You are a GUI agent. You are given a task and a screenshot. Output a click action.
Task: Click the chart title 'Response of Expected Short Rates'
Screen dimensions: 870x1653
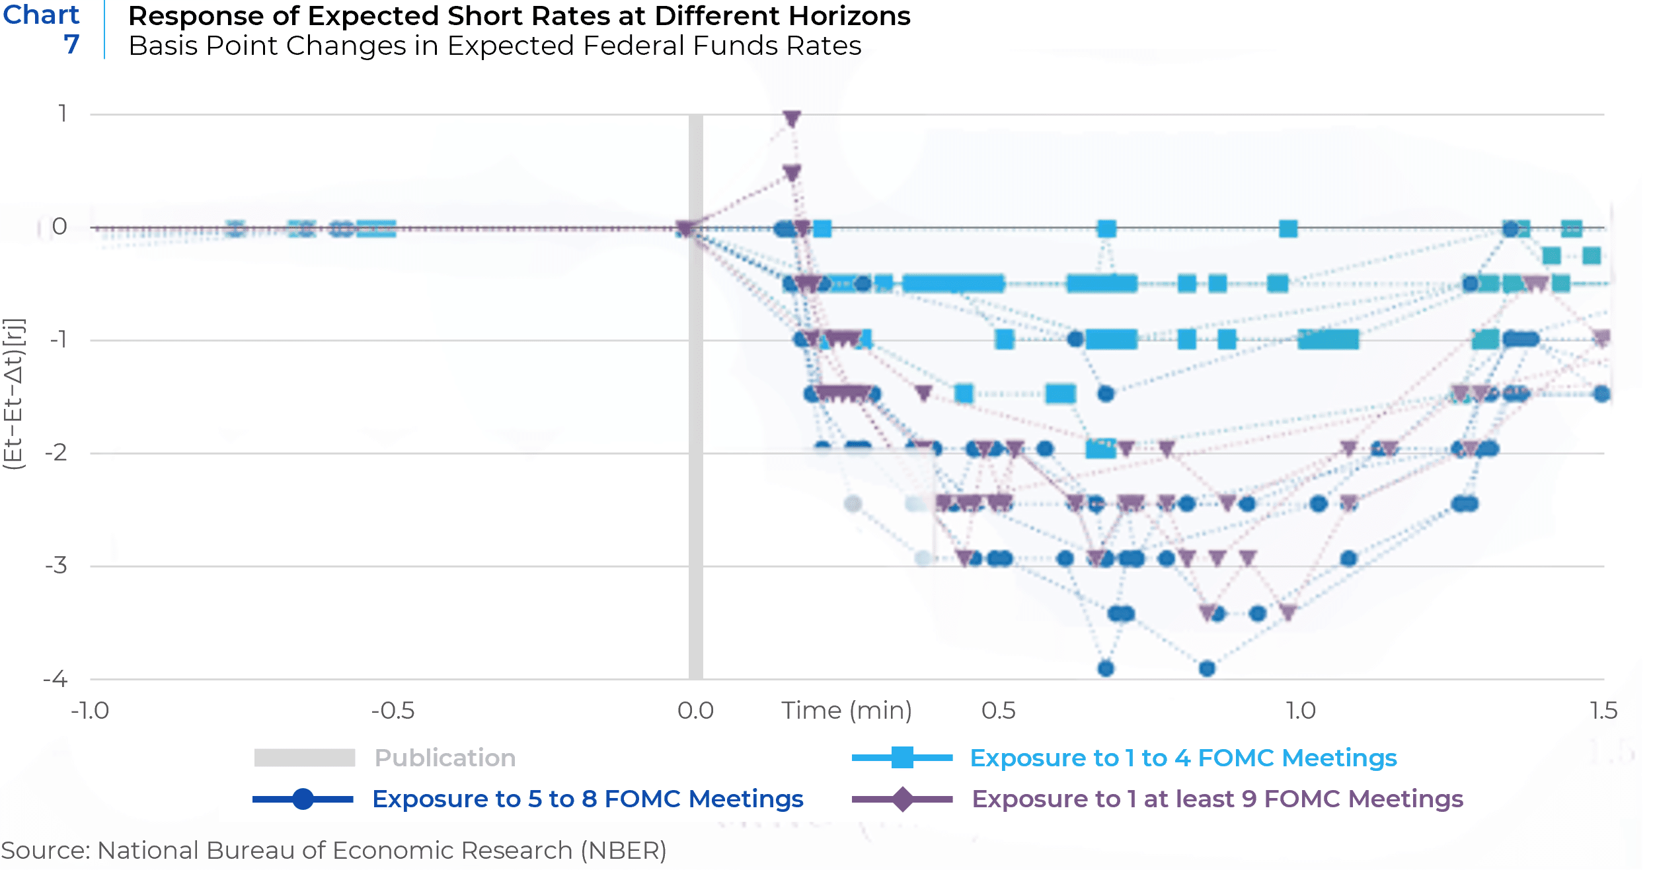point(519,16)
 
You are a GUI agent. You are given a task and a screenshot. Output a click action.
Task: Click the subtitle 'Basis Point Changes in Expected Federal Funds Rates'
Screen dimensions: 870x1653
point(494,46)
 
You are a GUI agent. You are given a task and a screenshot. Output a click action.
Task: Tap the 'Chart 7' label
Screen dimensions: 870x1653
point(42,29)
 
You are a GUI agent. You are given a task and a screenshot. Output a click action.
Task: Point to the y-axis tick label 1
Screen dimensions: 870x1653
point(63,114)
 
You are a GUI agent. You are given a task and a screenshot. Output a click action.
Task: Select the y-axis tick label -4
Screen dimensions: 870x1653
point(56,679)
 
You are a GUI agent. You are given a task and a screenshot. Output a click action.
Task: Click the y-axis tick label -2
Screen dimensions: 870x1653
point(56,453)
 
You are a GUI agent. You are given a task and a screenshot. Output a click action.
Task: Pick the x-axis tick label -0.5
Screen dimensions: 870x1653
point(393,711)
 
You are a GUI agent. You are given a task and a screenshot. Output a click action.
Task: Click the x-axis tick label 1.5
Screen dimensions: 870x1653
point(1603,711)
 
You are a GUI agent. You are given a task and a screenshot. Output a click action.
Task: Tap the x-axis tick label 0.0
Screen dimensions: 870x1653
point(695,711)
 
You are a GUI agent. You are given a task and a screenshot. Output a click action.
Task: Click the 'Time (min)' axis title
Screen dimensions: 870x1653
point(847,711)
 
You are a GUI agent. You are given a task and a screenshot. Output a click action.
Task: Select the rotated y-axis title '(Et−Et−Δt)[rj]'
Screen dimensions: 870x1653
point(14,394)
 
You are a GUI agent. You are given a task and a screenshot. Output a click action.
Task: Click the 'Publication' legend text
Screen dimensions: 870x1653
point(445,758)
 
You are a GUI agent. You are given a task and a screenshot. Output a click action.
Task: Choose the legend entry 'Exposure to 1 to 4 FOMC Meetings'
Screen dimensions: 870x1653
point(1183,758)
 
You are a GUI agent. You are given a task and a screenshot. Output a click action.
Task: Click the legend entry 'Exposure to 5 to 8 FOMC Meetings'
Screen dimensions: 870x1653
point(588,799)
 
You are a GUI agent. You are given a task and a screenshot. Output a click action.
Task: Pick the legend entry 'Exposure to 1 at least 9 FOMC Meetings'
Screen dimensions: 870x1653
point(1217,799)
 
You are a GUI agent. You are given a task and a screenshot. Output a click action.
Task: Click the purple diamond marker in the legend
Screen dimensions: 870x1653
point(902,799)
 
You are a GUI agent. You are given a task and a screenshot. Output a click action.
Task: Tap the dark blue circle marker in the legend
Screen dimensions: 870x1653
point(303,799)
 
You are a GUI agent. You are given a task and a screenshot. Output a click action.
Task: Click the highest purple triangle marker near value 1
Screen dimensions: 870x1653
point(792,119)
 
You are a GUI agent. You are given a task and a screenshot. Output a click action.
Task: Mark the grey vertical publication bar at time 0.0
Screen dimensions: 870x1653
point(695,396)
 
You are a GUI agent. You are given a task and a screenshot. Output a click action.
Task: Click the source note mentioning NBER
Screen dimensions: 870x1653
point(334,850)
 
